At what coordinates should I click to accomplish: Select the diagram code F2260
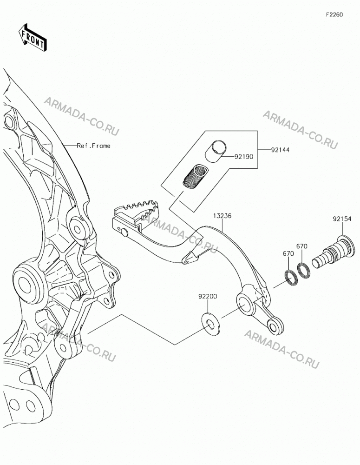334,15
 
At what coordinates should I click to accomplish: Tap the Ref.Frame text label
94,146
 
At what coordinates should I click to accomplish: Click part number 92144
280,150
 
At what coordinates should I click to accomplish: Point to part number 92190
244,157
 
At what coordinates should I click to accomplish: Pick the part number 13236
222,216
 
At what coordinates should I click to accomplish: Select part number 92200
208,296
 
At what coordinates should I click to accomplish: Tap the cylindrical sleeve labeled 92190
216,151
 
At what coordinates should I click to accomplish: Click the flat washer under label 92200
211,324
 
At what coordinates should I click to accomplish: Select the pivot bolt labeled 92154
334,254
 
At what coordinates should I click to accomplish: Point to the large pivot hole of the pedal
245,304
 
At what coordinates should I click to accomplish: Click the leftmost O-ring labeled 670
291,278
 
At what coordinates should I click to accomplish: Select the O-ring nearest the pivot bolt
304,271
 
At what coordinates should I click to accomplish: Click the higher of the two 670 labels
302,246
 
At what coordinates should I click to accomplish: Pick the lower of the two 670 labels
288,253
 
